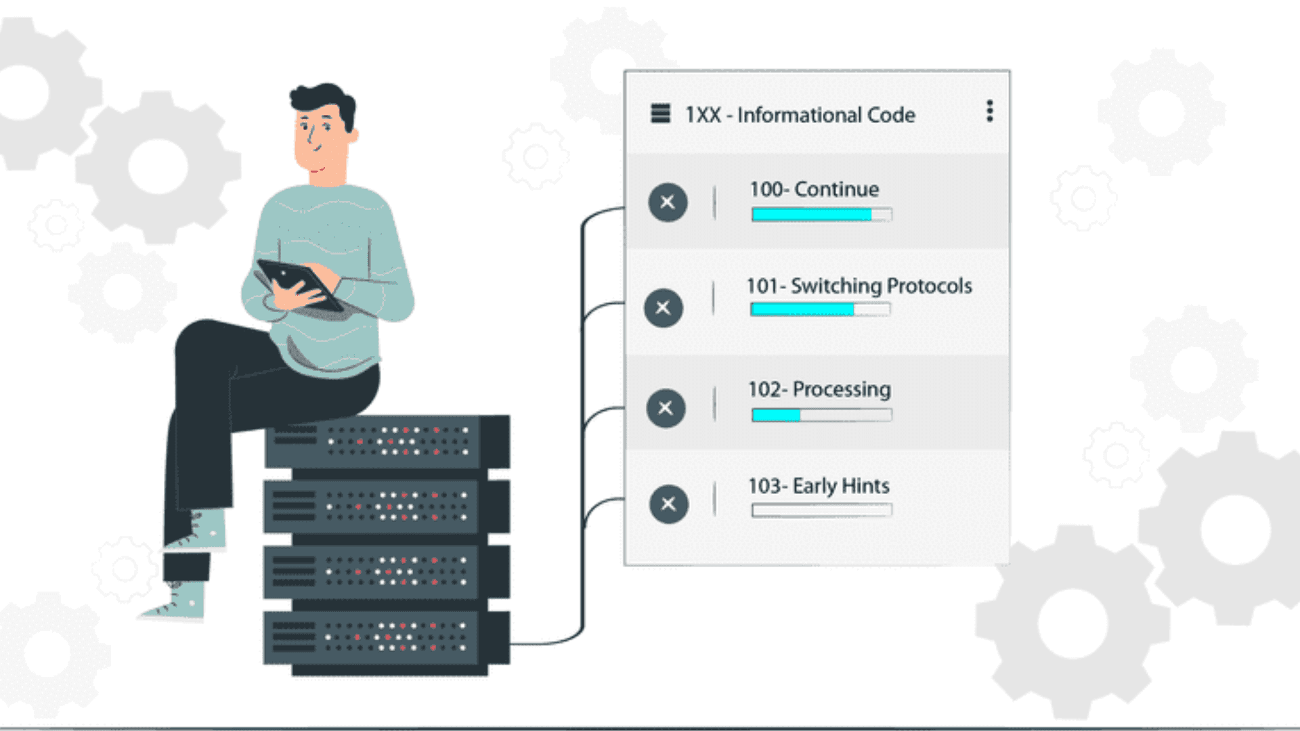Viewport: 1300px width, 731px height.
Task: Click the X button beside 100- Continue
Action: click(668, 202)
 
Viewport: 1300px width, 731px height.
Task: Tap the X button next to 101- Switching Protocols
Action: click(664, 308)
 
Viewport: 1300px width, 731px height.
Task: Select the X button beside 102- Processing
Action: click(666, 408)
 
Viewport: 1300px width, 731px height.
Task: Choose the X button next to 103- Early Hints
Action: click(668, 504)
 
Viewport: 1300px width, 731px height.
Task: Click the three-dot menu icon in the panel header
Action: click(989, 111)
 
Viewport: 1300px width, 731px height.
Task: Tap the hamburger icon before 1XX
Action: click(660, 114)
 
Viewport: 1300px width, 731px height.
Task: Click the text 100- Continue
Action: click(814, 190)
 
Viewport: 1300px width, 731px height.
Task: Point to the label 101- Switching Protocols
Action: click(859, 286)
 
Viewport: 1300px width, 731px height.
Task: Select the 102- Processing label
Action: click(819, 390)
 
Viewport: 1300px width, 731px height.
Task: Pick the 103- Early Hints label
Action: click(819, 486)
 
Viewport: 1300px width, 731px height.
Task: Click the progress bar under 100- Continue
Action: click(821, 215)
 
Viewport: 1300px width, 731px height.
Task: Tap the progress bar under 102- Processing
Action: click(821, 415)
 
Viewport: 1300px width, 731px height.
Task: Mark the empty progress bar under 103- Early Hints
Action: click(821, 510)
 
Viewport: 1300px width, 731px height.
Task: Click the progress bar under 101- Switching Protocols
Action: click(820, 310)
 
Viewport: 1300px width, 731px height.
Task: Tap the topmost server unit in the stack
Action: click(386, 441)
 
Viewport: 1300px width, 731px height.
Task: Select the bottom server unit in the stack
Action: click(386, 639)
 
